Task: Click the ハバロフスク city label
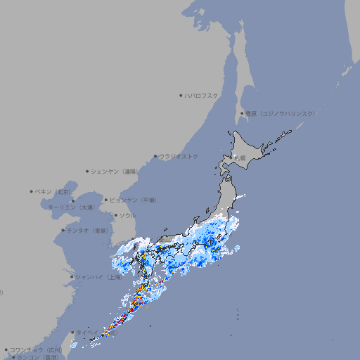pyautogui.click(x=202, y=95)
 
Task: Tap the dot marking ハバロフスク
pyautogui.click(x=181, y=95)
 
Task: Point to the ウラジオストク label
pyautogui.click(x=179, y=156)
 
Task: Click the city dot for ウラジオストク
pyautogui.click(x=155, y=156)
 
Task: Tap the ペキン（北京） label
pyautogui.click(x=54, y=191)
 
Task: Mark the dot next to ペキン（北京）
pyautogui.click(x=32, y=191)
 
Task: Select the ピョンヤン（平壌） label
pyautogui.click(x=134, y=200)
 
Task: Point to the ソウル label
pyautogui.click(x=127, y=215)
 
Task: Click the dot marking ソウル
pyautogui.click(x=115, y=215)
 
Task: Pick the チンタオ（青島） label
pyautogui.click(x=89, y=231)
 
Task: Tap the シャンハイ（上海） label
pyautogui.click(x=99, y=277)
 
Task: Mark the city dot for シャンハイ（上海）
pyautogui.click(x=72, y=277)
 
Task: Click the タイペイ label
pyautogui.click(x=87, y=332)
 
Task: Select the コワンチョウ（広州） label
pyautogui.click(x=36, y=349)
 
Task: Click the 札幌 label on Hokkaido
pyautogui.click(x=240, y=158)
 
